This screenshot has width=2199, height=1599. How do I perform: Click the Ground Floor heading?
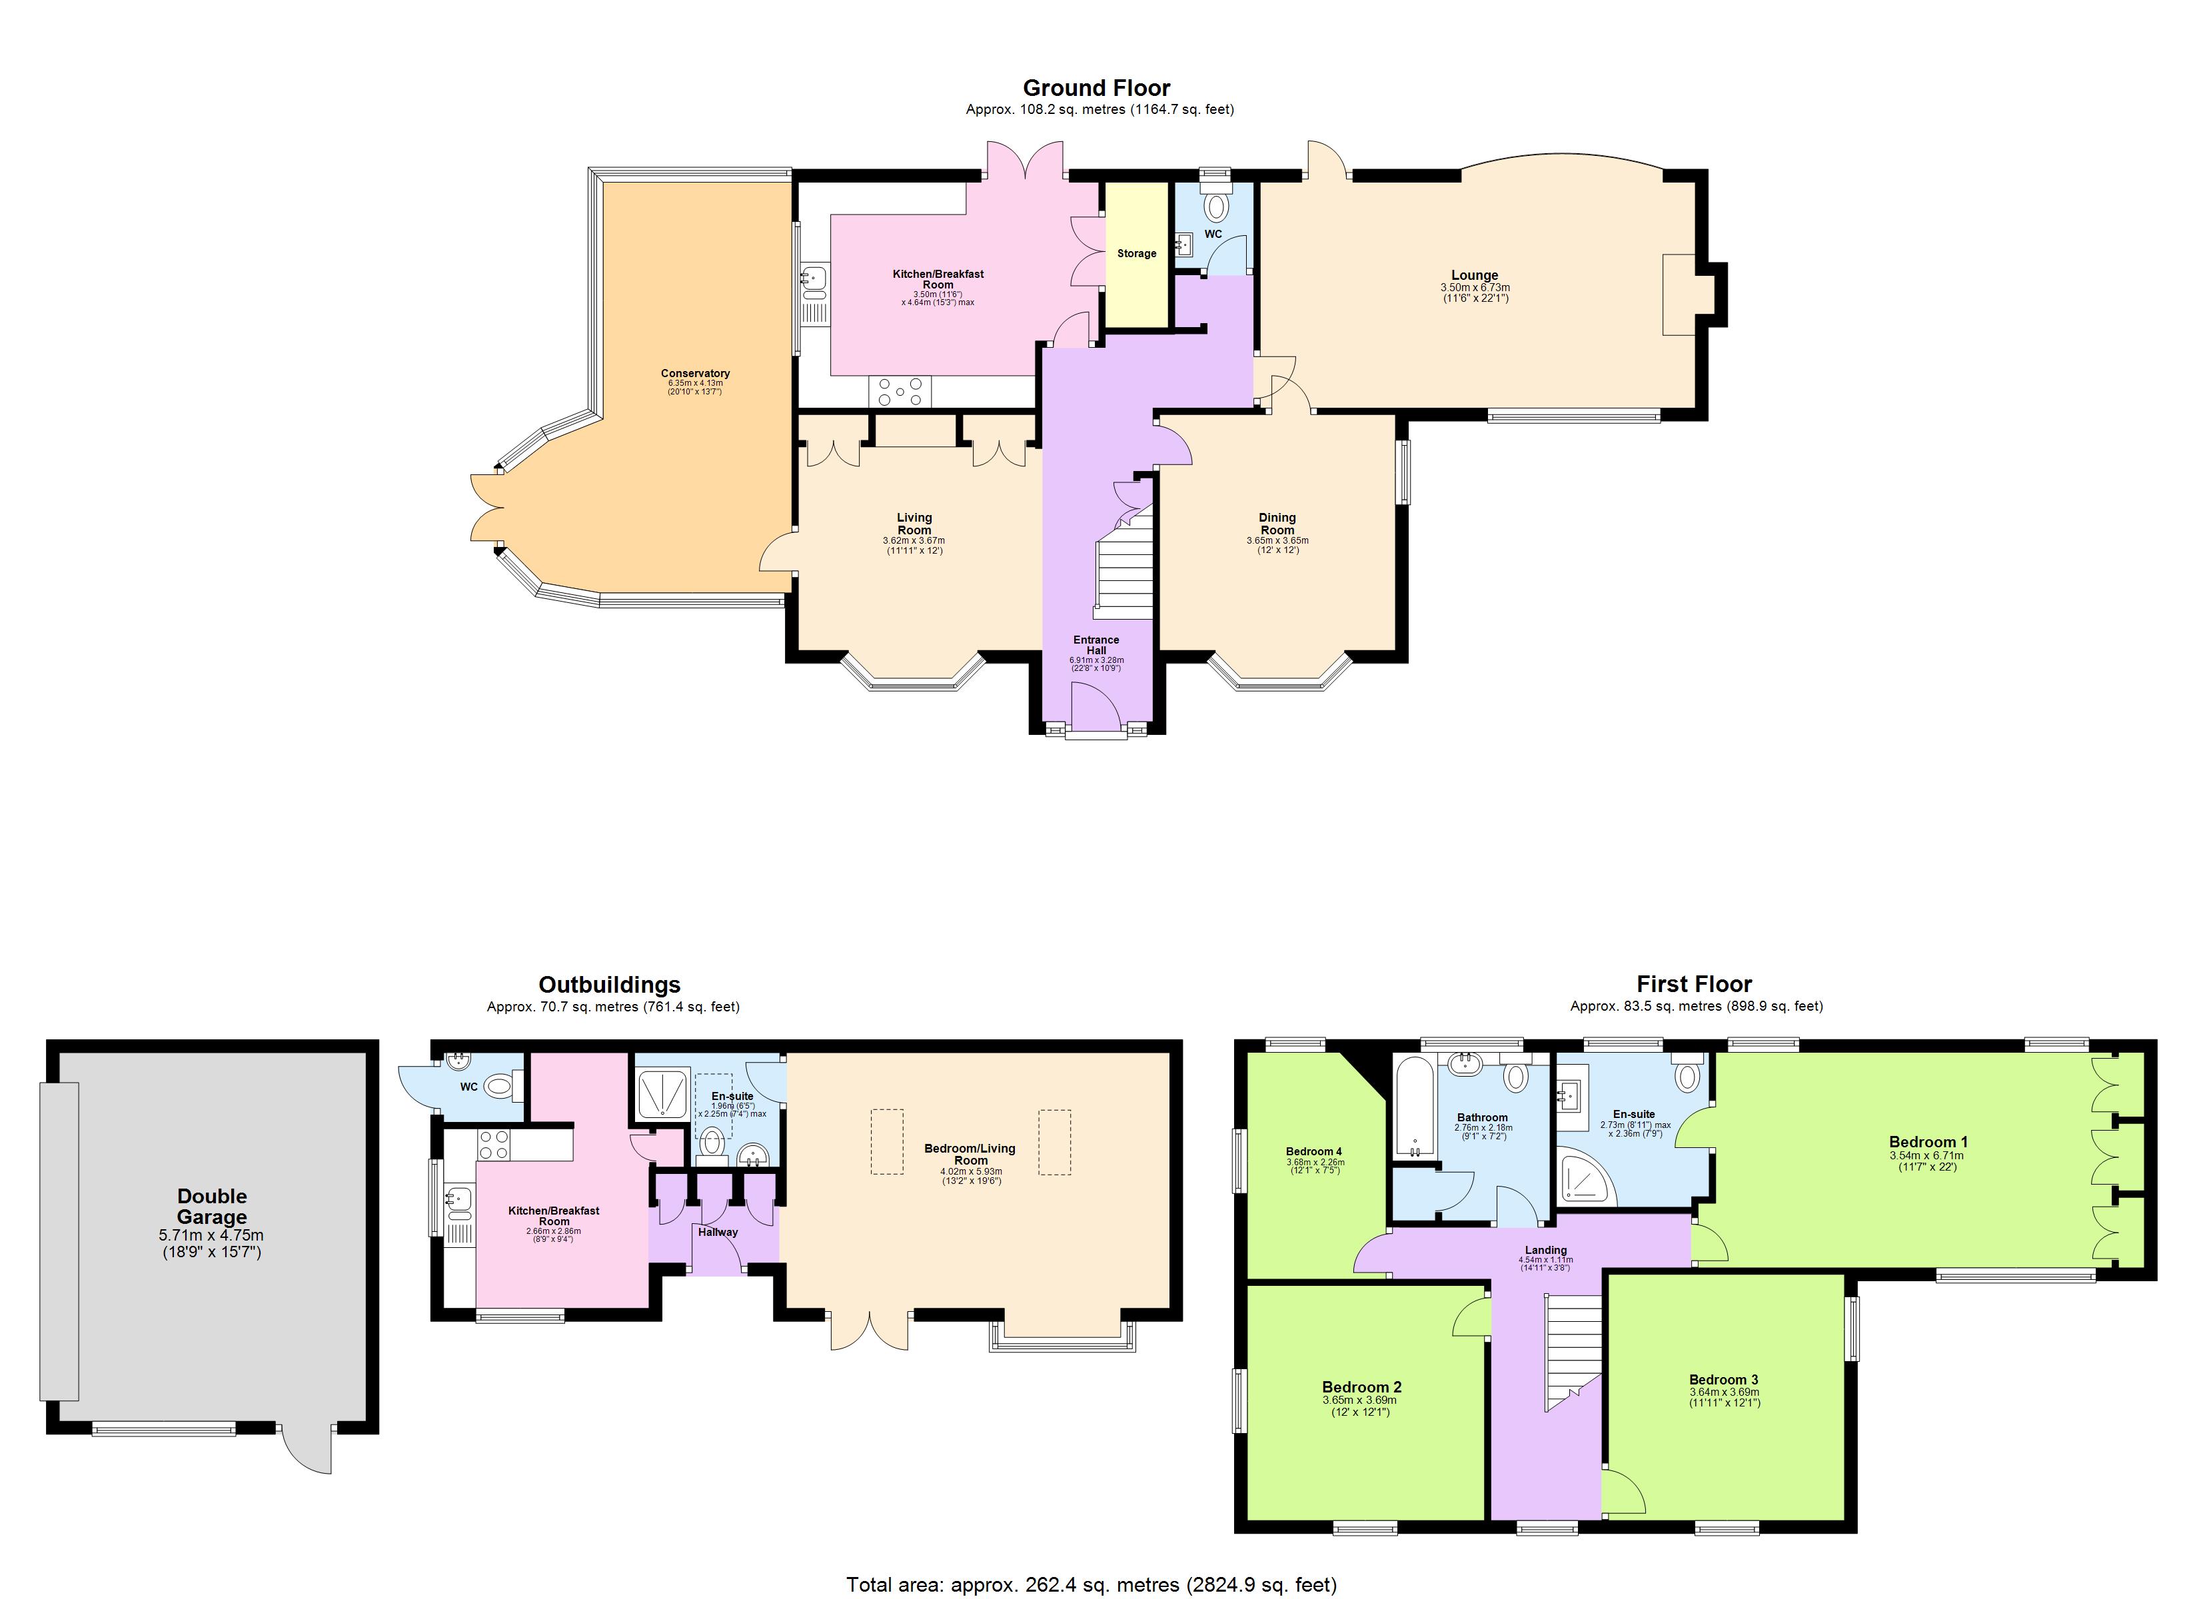(1097, 88)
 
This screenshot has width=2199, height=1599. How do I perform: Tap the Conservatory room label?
(694, 373)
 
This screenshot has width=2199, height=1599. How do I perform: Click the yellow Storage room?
(1136, 254)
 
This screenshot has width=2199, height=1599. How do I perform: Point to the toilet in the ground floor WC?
(1214, 206)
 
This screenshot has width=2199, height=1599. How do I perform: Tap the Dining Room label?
(1277, 524)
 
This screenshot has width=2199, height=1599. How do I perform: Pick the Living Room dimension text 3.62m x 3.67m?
(914, 541)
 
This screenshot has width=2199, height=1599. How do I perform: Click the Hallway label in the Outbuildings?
(718, 1233)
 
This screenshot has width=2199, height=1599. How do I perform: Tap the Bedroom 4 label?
(1314, 1152)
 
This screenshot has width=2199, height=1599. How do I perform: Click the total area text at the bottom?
(1091, 1584)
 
